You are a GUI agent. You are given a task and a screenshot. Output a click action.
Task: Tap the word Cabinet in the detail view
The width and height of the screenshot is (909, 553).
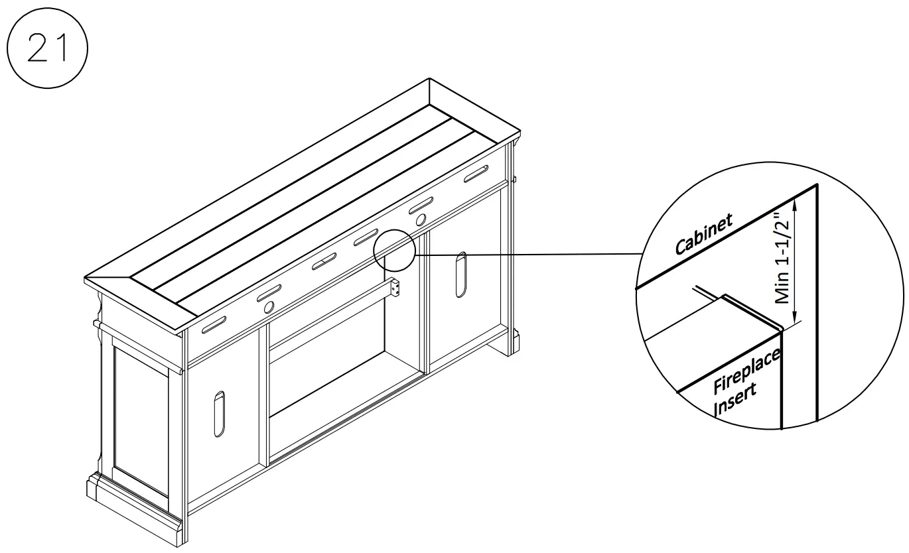[704, 235]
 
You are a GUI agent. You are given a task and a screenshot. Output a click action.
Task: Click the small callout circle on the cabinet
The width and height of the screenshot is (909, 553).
[394, 250]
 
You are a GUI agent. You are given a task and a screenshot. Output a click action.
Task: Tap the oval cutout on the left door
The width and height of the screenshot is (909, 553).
[219, 413]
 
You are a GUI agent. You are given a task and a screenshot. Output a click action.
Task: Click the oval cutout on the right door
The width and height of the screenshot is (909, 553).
[460, 274]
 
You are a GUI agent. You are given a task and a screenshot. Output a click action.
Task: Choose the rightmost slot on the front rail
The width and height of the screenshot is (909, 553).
[476, 174]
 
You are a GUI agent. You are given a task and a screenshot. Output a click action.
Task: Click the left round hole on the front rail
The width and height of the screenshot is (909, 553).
[269, 307]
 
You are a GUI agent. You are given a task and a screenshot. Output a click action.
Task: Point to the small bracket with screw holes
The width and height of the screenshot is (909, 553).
[397, 288]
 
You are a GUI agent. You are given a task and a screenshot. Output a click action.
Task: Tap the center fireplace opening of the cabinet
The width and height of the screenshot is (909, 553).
[328, 371]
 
